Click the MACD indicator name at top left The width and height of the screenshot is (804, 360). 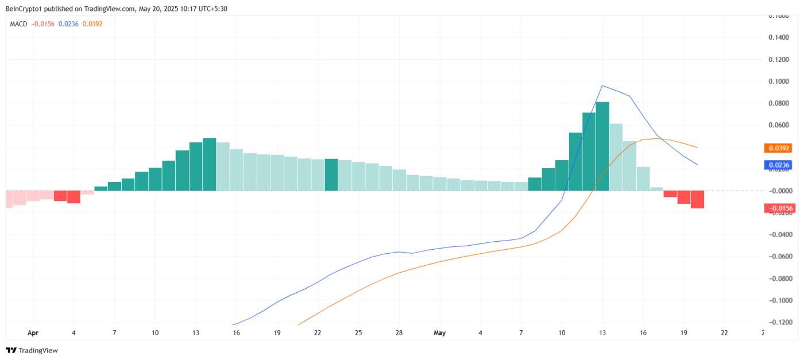tap(19, 24)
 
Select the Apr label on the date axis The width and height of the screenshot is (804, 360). tap(33, 332)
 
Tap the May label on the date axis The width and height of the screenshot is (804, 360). tap(440, 332)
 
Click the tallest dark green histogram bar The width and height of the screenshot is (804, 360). tap(602, 146)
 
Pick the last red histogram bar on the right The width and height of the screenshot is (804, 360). tap(697, 199)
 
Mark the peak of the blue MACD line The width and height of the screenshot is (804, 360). tap(602, 86)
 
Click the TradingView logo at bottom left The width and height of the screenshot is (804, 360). tap(32, 350)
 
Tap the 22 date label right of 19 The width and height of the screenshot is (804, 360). tap(724, 332)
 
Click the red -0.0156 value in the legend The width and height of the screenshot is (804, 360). tap(43, 24)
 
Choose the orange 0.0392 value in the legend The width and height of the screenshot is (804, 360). tap(92, 24)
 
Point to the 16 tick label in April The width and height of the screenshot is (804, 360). tap(237, 332)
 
